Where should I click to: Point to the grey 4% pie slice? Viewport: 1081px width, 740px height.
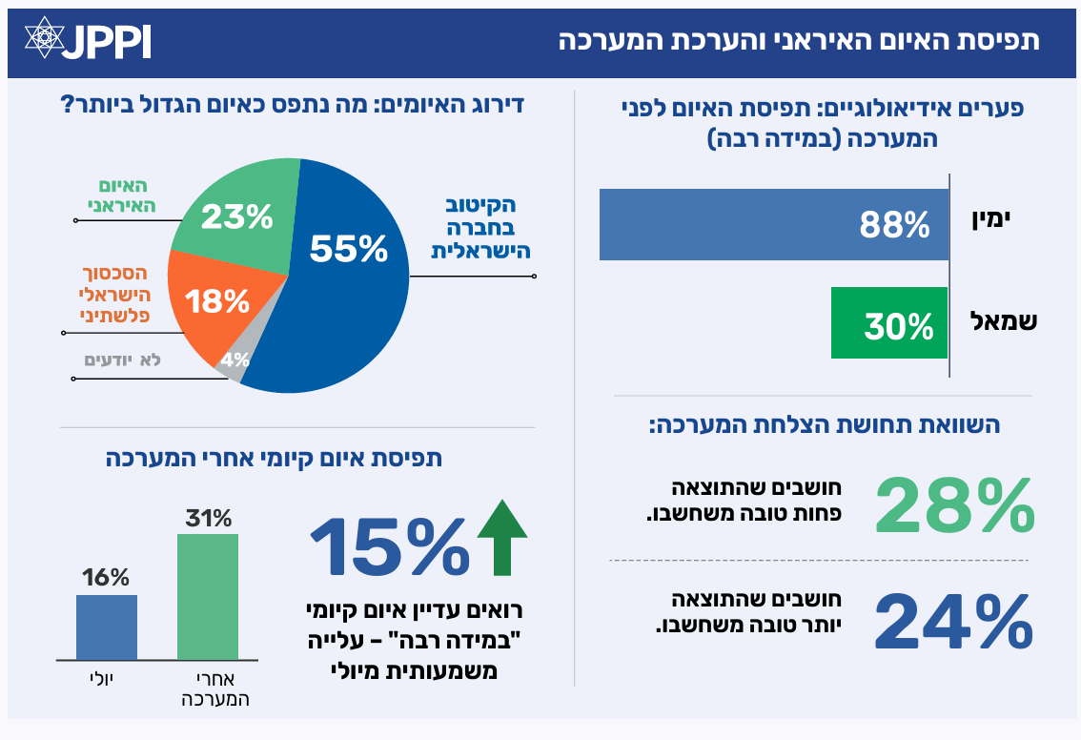click(x=235, y=361)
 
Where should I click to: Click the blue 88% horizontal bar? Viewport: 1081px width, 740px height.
click(x=773, y=225)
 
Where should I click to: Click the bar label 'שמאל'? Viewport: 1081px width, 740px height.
click(x=1002, y=321)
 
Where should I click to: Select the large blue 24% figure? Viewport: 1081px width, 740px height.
click(x=953, y=622)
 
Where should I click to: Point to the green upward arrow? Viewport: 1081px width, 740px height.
click(x=501, y=540)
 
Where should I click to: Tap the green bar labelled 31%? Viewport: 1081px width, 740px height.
click(x=208, y=596)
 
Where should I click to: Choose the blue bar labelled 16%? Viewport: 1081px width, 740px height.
click(x=107, y=627)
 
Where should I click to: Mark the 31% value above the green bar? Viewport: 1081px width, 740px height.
click(x=208, y=519)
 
